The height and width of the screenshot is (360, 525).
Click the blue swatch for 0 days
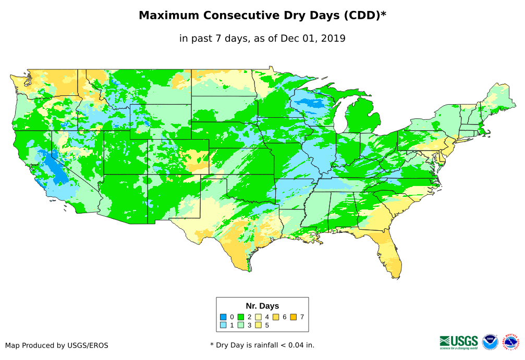(x=223, y=317)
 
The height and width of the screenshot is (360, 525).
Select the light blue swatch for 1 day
(x=223, y=325)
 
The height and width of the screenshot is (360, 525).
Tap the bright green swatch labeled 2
(x=241, y=317)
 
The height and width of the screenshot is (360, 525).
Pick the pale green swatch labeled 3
(x=241, y=325)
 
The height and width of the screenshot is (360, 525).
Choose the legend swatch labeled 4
(x=259, y=317)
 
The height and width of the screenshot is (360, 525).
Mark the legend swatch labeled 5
(x=259, y=325)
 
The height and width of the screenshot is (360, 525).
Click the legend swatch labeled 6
(x=276, y=317)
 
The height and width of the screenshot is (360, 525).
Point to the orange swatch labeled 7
(x=294, y=317)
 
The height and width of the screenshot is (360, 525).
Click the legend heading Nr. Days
(x=262, y=306)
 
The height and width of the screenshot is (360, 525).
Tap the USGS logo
(x=459, y=341)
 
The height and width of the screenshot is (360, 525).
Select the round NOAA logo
(x=490, y=342)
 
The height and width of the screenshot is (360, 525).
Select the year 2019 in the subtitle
(x=334, y=39)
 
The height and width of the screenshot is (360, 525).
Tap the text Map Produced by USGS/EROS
(x=57, y=345)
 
